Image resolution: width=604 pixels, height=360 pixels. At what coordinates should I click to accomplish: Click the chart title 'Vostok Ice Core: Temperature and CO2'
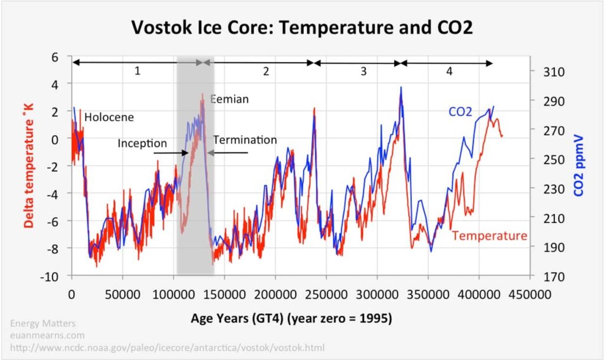click(301, 27)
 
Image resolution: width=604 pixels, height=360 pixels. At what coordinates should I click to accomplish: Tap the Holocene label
click(109, 117)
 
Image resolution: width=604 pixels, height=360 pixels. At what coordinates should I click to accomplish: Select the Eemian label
click(230, 99)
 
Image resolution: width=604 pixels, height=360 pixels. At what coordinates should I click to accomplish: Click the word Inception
click(142, 143)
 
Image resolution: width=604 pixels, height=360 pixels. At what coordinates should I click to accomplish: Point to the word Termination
click(245, 140)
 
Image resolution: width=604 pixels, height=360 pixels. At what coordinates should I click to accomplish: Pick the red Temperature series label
click(490, 236)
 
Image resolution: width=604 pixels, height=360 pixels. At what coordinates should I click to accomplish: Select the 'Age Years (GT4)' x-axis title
click(291, 318)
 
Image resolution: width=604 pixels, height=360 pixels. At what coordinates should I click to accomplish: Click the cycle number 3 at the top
click(363, 71)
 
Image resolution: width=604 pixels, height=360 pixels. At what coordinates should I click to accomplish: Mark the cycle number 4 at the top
click(449, 71)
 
